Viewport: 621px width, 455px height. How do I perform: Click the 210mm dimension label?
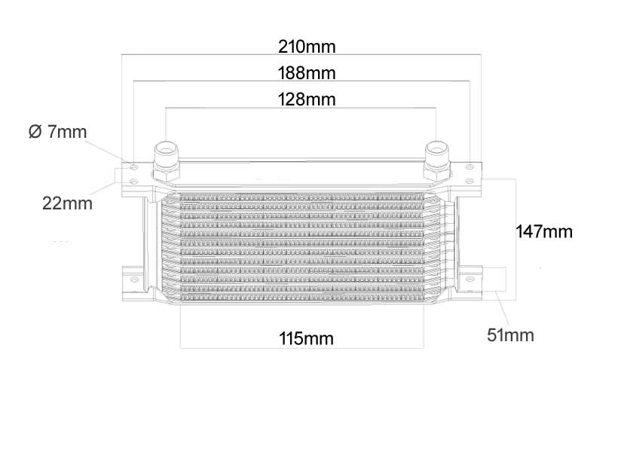point(307,47)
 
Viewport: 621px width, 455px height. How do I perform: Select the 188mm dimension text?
point(307,73)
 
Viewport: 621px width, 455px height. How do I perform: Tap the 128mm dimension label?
point(307,99)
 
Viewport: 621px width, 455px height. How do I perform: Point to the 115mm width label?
point(306,338)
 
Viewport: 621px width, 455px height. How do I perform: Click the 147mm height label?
point(544,232)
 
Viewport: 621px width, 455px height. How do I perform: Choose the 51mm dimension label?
point(510,335)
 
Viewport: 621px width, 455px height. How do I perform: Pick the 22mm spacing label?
point(67,203)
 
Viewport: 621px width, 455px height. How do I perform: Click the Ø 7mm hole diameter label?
point(58,132)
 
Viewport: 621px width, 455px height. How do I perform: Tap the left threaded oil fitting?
point(166,152)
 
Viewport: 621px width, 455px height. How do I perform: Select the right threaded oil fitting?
point(437,151)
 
